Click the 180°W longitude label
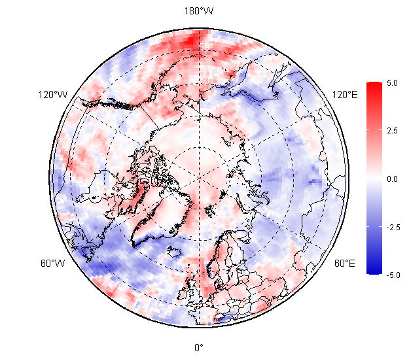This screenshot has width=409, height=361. pyautogui.click(x=199, y=12)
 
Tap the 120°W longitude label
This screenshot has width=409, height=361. pyautogui.click(x=53, y=95)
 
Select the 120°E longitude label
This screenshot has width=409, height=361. pyautogui.click(x=345, y=95)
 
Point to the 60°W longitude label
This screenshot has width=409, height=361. pyautogui.click(x=53, y=264)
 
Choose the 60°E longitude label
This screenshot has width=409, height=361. pyautogui.click(x=345, y=264)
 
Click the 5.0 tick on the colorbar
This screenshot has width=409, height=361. pyautogui.click(x=392, y=83)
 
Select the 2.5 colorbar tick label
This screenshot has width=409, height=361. pyautogui.click(x=392, y=131)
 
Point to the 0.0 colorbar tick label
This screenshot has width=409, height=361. pyautogui.click(x=392, y=179)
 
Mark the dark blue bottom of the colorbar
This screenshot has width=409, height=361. pyautogui.click(x=374, y=271)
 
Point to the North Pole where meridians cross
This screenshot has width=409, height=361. pyautogui.click(x=199, y=177)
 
